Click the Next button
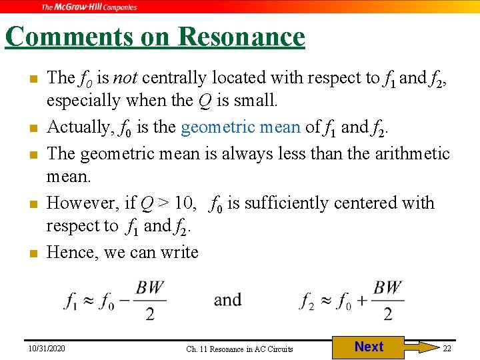point(368,347)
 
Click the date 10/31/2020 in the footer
point(47,348)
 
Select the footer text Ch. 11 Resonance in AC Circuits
point(239,349)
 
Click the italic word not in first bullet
point(124,78)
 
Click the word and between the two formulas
point(227,300)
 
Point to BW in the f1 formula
point(150,288)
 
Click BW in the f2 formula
point(387,288)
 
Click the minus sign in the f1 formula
point(126,301)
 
